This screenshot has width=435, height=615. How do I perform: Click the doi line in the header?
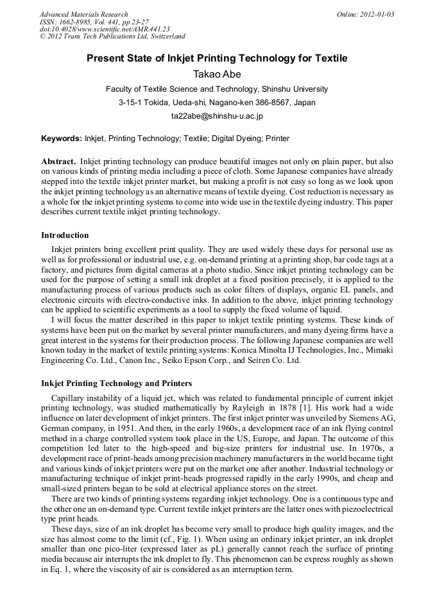click(x=105, y=29)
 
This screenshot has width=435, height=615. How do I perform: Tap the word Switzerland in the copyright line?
click(x=165, y=37)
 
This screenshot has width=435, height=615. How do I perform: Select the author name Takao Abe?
click(x=217, y=74)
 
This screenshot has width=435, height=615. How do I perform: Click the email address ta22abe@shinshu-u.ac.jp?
click(x=217, y=116)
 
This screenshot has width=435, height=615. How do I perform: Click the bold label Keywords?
click(x=62, y=139)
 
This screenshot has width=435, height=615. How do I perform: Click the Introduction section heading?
click(x=65, y=235)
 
